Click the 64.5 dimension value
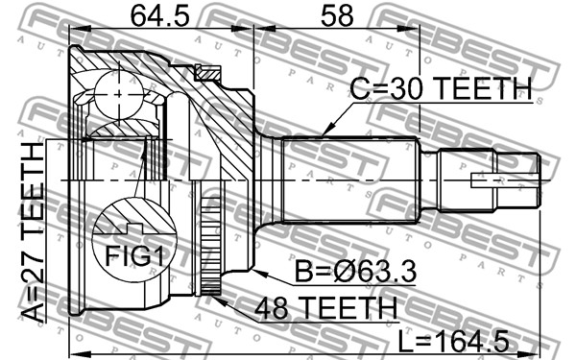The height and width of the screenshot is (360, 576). [160, 16]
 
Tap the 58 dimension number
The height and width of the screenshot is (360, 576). [337, 16]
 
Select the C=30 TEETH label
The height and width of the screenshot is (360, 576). [441, 89]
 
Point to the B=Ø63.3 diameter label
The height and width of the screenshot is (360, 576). [355, 271]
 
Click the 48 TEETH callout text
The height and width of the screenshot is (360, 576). [325, 308]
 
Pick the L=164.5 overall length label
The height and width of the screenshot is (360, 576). [454, 341]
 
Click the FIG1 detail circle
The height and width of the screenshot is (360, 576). [134, 239]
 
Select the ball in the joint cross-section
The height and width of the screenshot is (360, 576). [119, 94]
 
